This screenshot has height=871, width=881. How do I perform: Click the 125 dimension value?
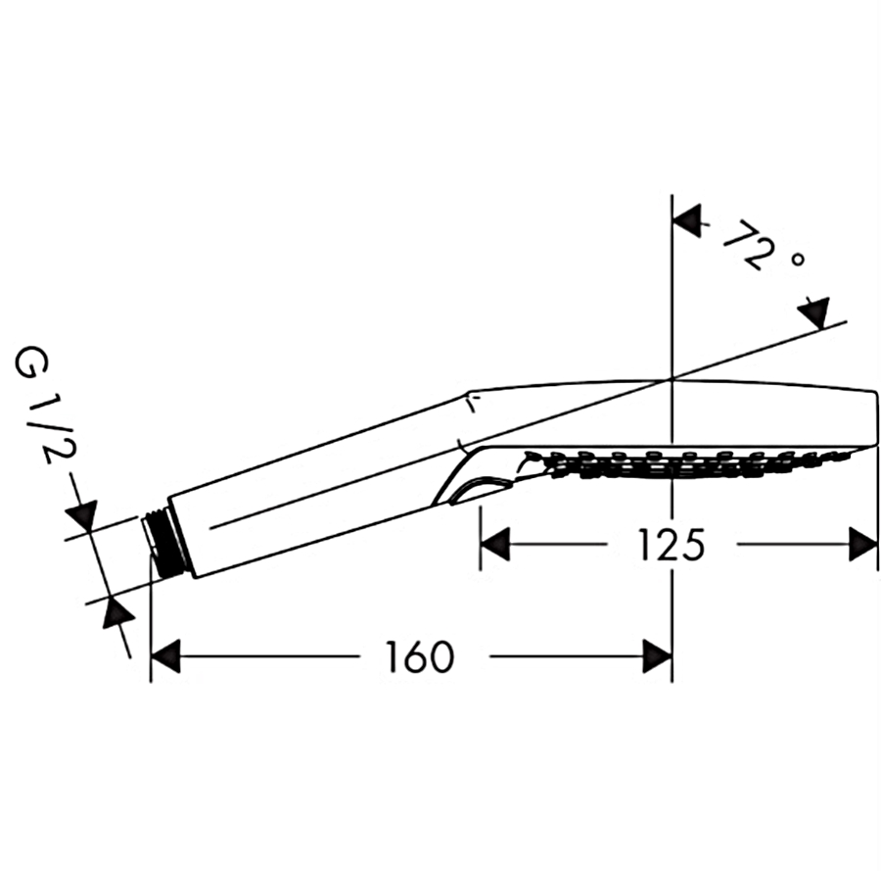click(672, 545)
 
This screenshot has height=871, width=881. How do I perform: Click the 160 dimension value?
click(420, 656)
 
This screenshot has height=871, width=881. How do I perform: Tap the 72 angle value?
click(742, 244)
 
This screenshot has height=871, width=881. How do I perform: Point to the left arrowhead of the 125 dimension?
click(494, 545)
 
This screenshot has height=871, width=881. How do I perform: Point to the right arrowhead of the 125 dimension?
click(863, 545)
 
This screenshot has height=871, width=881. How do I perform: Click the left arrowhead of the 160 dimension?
click(166, 656)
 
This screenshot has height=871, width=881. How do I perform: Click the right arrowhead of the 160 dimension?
click(658, 656)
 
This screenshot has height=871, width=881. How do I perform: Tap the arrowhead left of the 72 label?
click(688, 221)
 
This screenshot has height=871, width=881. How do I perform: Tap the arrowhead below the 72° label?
click(815, 314)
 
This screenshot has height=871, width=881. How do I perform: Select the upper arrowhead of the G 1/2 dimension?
click(82, 514)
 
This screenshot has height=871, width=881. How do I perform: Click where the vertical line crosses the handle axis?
click(672, 379)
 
